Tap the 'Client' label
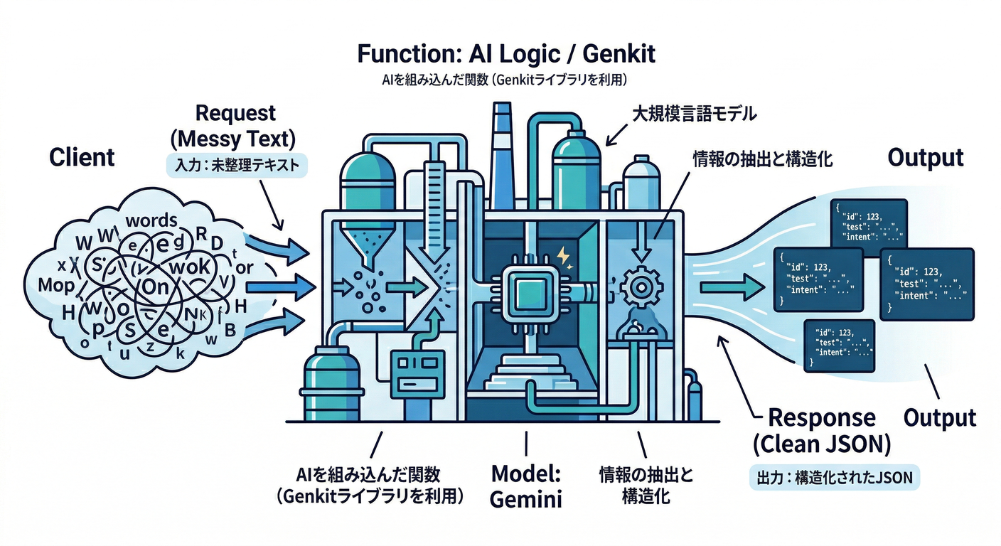pos(82,157)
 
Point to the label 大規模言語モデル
pos(694,113)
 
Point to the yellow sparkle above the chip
pos(562,255)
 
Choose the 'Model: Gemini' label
pos(526,486)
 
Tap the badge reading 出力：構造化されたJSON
pos(835,477)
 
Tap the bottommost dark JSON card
pos(839,346)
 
